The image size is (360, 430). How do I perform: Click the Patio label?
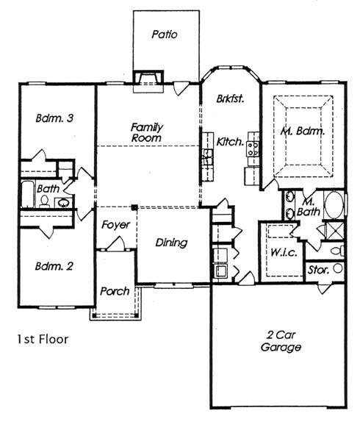point(165,35)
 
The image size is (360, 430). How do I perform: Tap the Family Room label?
point(147,132)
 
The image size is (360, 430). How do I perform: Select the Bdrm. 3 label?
point(54,118)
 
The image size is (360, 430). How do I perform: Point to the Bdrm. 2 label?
point(54,266)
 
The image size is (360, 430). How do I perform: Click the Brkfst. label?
point(230,98)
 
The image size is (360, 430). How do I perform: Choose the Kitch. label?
point(230,142)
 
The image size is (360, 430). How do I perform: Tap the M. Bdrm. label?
point(303,132)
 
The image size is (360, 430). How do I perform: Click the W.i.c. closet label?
point(284,252)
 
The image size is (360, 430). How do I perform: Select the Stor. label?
point(318,270)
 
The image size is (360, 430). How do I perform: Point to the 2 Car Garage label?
point(281,341)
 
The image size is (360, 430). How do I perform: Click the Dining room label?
point(171,243)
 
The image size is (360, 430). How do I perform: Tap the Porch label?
point(115,291)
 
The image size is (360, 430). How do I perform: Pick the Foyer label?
point(115,225)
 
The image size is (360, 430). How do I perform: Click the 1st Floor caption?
point(43,340)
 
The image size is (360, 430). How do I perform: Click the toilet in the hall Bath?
point(44,201)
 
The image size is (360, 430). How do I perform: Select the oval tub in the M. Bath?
point(334,205)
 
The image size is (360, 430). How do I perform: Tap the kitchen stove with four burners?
point(253,149)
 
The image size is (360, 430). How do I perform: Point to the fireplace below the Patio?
point(148,78)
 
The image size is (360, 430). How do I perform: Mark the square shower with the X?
point(336,231)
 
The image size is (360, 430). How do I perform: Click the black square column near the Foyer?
point(134,207)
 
